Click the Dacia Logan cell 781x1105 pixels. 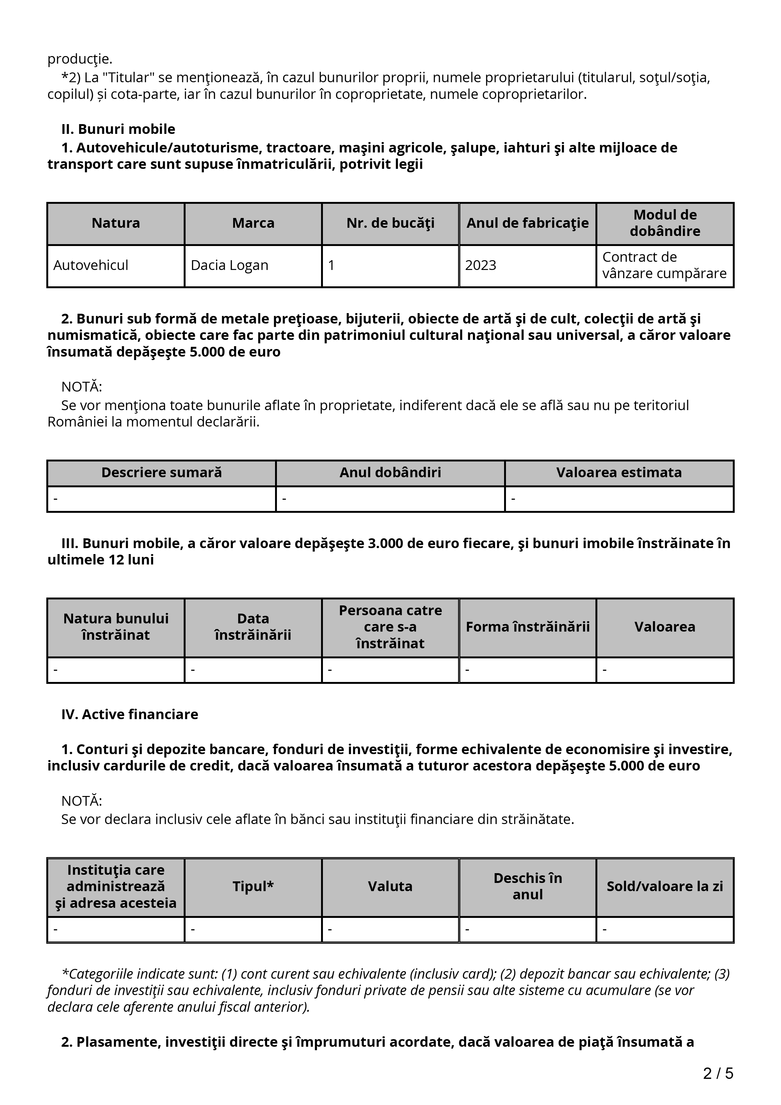(230, 265)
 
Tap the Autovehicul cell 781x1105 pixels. (91, 265)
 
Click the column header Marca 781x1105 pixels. (253, 223)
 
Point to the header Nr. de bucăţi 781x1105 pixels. (390, 223)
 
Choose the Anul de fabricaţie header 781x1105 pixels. (527, 223)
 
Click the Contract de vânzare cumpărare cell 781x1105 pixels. (664, 265)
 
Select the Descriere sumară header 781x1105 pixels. (162, 472)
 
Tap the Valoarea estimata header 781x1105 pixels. (619, 472)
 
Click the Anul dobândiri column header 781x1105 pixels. (390, 472)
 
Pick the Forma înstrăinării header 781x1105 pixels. (527, 627)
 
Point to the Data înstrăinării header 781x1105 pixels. (253, 627)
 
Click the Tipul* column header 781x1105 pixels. (253, 886)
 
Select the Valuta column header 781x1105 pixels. (390, 886)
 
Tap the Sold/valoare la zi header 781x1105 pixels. (664, 886)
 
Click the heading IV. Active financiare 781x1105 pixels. (130, 714)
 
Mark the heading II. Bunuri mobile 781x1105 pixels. (118, 129)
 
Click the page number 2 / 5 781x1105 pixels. (718, 1073)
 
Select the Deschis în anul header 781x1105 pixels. (527, 886)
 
